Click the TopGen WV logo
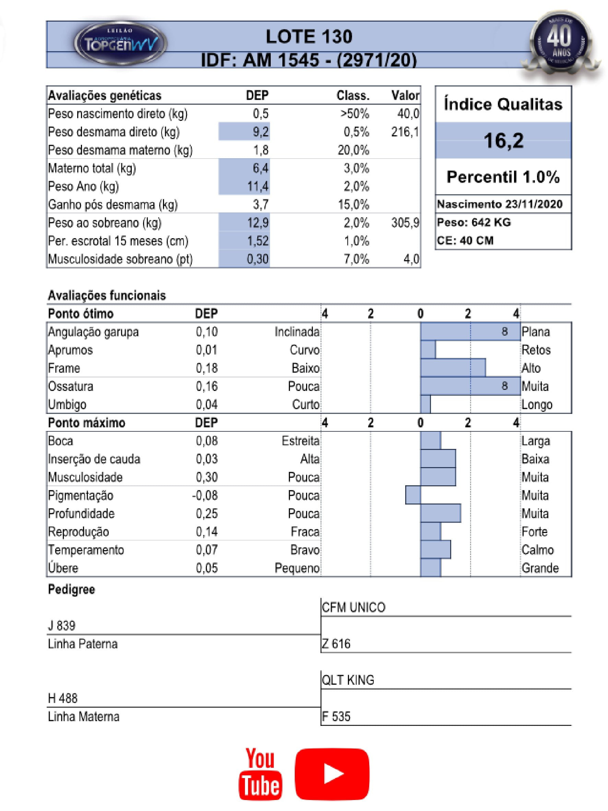click(x=120, y=44)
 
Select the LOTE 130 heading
click(x=308, y=37)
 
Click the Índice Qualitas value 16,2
click(x=503, y=140)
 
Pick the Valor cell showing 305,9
click(x=405, y=222)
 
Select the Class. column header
click(x=353, y=95)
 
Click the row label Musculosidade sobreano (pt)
click(x=120, y=259)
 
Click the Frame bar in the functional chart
click(x=453, y=368)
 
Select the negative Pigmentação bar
click(x=413, y=495)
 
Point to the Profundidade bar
click(x=441, y=513)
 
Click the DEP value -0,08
click(x=205, y=495)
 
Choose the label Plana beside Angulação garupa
click(x=536, y=332)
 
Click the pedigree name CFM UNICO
click(x=353, y=607)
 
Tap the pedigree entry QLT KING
click(x=348, y=680)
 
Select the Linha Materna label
click(x=84, y=716)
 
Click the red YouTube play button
click(x=332, y=774)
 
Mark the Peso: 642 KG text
click(x=473, y=222)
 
